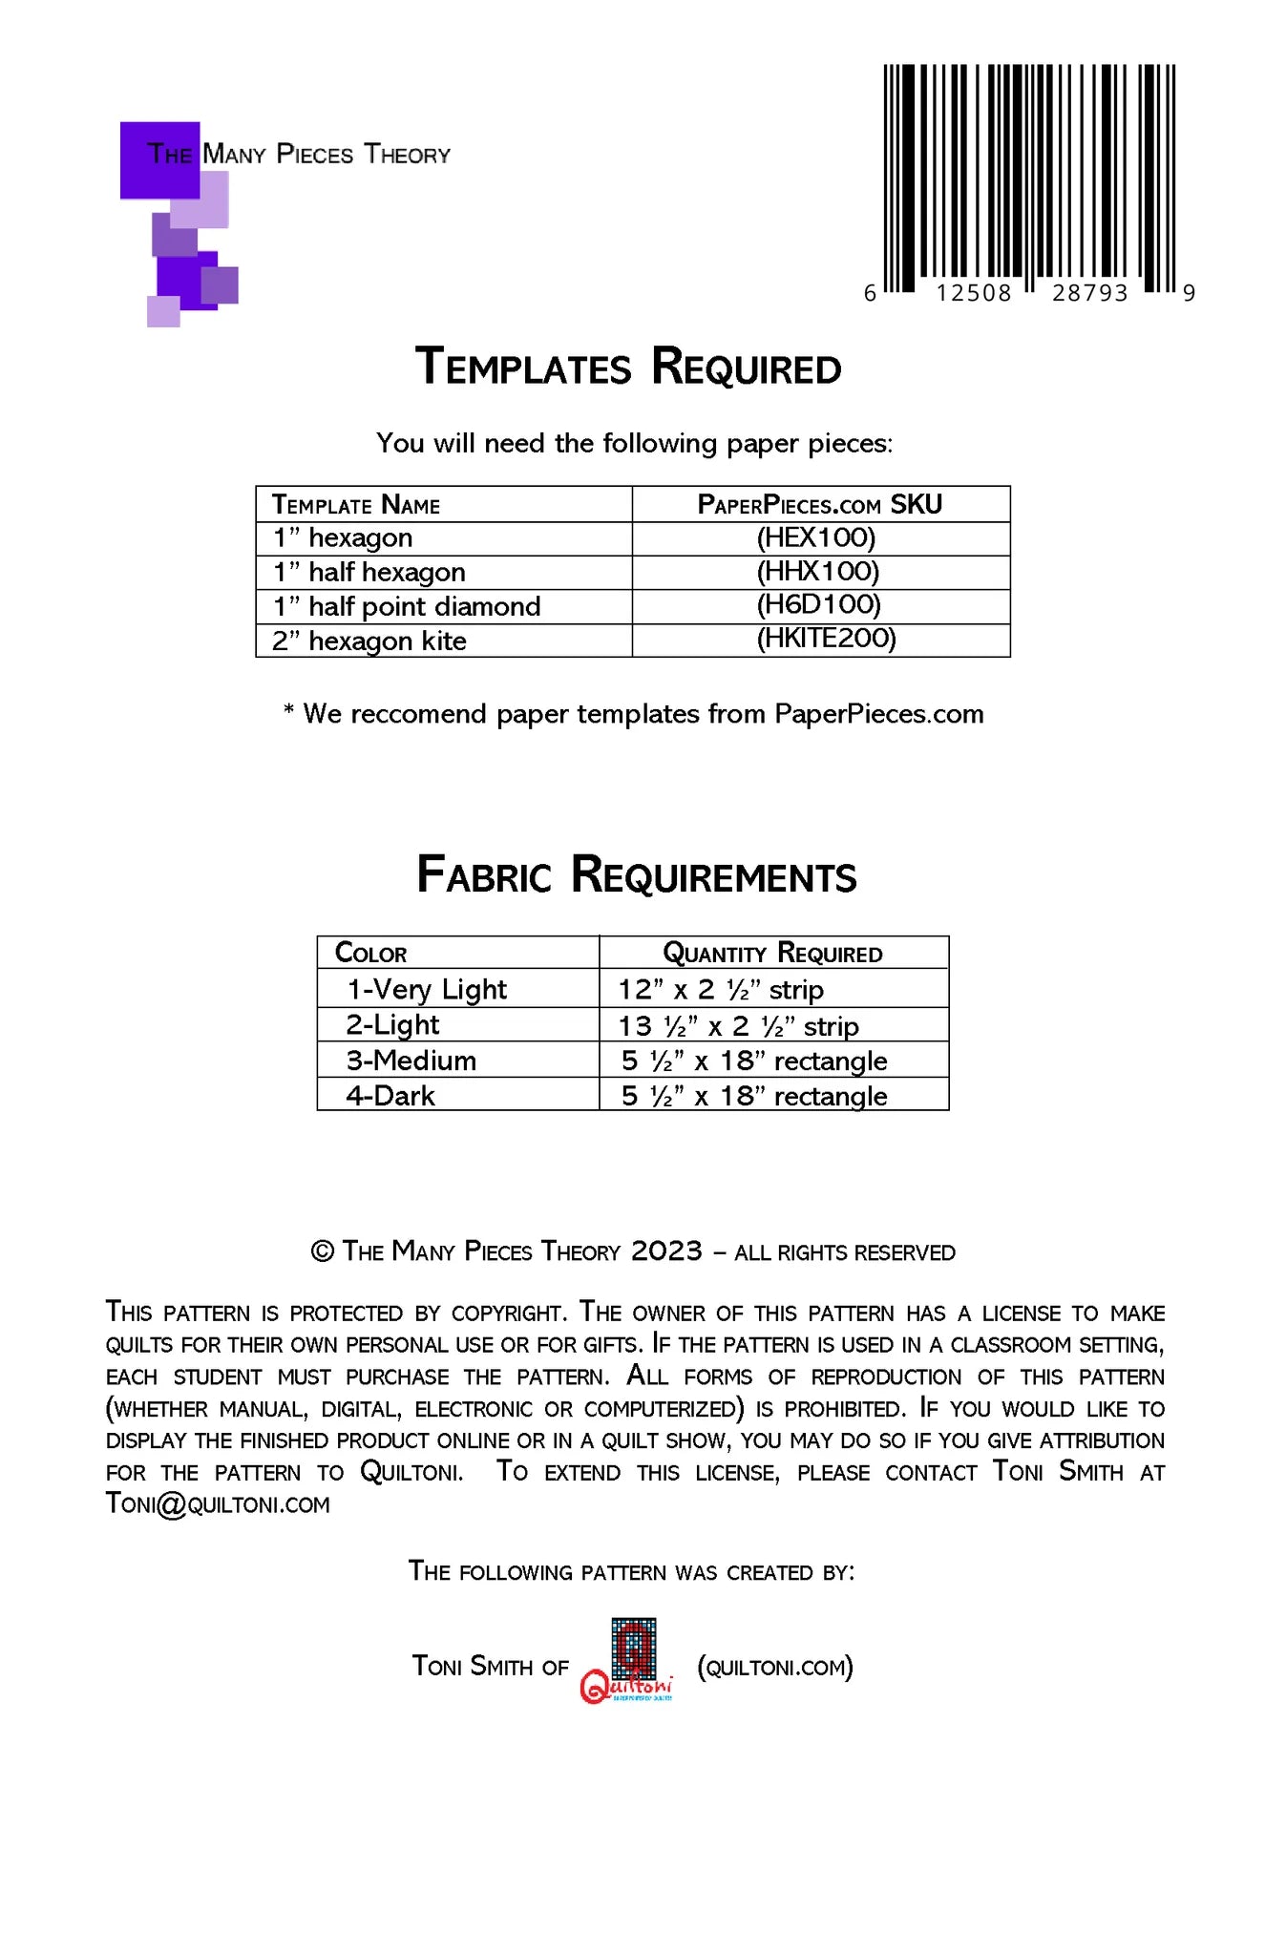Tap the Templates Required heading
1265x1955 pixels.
628,368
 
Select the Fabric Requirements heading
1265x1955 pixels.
637,875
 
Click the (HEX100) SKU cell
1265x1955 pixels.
816,537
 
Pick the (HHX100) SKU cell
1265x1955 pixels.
818,572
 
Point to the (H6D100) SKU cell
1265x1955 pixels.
818,605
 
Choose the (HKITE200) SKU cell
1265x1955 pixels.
826,639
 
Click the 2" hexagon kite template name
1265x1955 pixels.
369,641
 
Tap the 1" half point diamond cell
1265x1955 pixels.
407,606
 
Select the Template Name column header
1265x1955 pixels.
356,504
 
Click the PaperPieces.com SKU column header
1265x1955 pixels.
820,504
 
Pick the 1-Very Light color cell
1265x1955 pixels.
427,989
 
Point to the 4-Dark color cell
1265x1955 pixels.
390,1095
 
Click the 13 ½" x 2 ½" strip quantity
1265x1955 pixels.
739,1026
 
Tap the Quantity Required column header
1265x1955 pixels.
772,953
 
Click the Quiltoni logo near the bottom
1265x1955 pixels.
628,1662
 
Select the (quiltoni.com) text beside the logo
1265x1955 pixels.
775,1667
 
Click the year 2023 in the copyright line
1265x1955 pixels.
666,1251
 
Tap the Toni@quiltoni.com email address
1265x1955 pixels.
218,1504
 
